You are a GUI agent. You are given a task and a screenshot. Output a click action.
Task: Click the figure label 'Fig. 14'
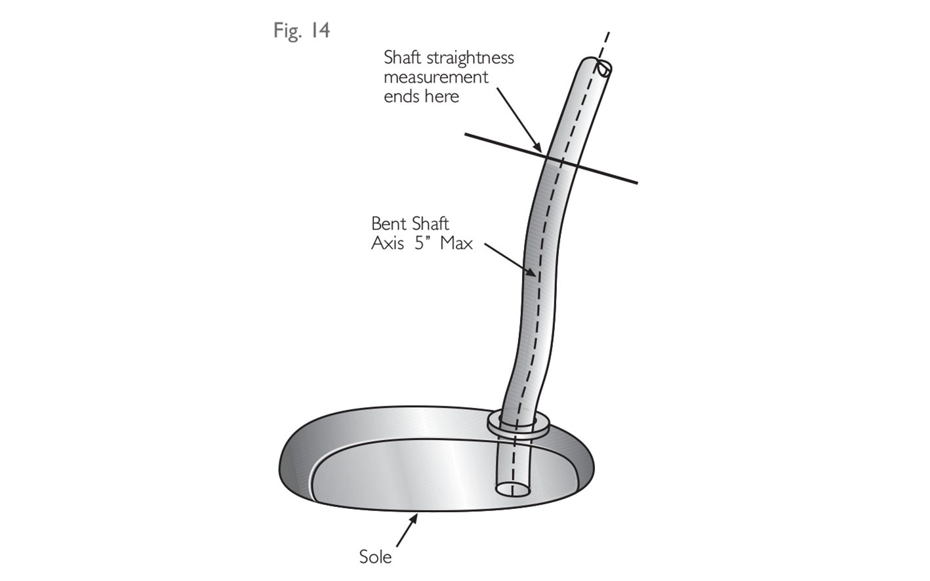pyautogui.click(x=302, y=31)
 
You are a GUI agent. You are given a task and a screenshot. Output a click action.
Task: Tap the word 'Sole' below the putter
pyautogui.click(x=376, y=557)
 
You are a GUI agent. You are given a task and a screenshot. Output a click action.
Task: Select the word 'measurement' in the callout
pyautogui.click(x=436, y=77)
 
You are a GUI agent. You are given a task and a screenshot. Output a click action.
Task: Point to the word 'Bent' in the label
pyautogui.click(x=388, y=224)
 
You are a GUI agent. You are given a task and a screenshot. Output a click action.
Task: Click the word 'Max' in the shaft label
pyautogui.click(x=456, y=243)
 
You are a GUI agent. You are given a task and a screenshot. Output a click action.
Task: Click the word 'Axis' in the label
pyautogui.click(x=388, y=243)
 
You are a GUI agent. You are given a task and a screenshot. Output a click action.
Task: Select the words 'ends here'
pyautogui.click(x=422, y=96)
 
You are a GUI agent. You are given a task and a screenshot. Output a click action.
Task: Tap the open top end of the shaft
pyautogui.click(x=604, y=68)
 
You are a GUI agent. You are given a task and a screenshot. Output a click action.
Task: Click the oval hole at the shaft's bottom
pyautogui.click(x=514, y=489)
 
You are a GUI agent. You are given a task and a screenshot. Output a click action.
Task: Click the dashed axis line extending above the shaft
pyautogui.click(x=607, y=43)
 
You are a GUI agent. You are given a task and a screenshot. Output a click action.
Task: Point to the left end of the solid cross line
pyautogui.click(x=468, y=135)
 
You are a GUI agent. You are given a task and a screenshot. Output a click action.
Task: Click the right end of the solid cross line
pyautogui.click(x=634, y=182)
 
